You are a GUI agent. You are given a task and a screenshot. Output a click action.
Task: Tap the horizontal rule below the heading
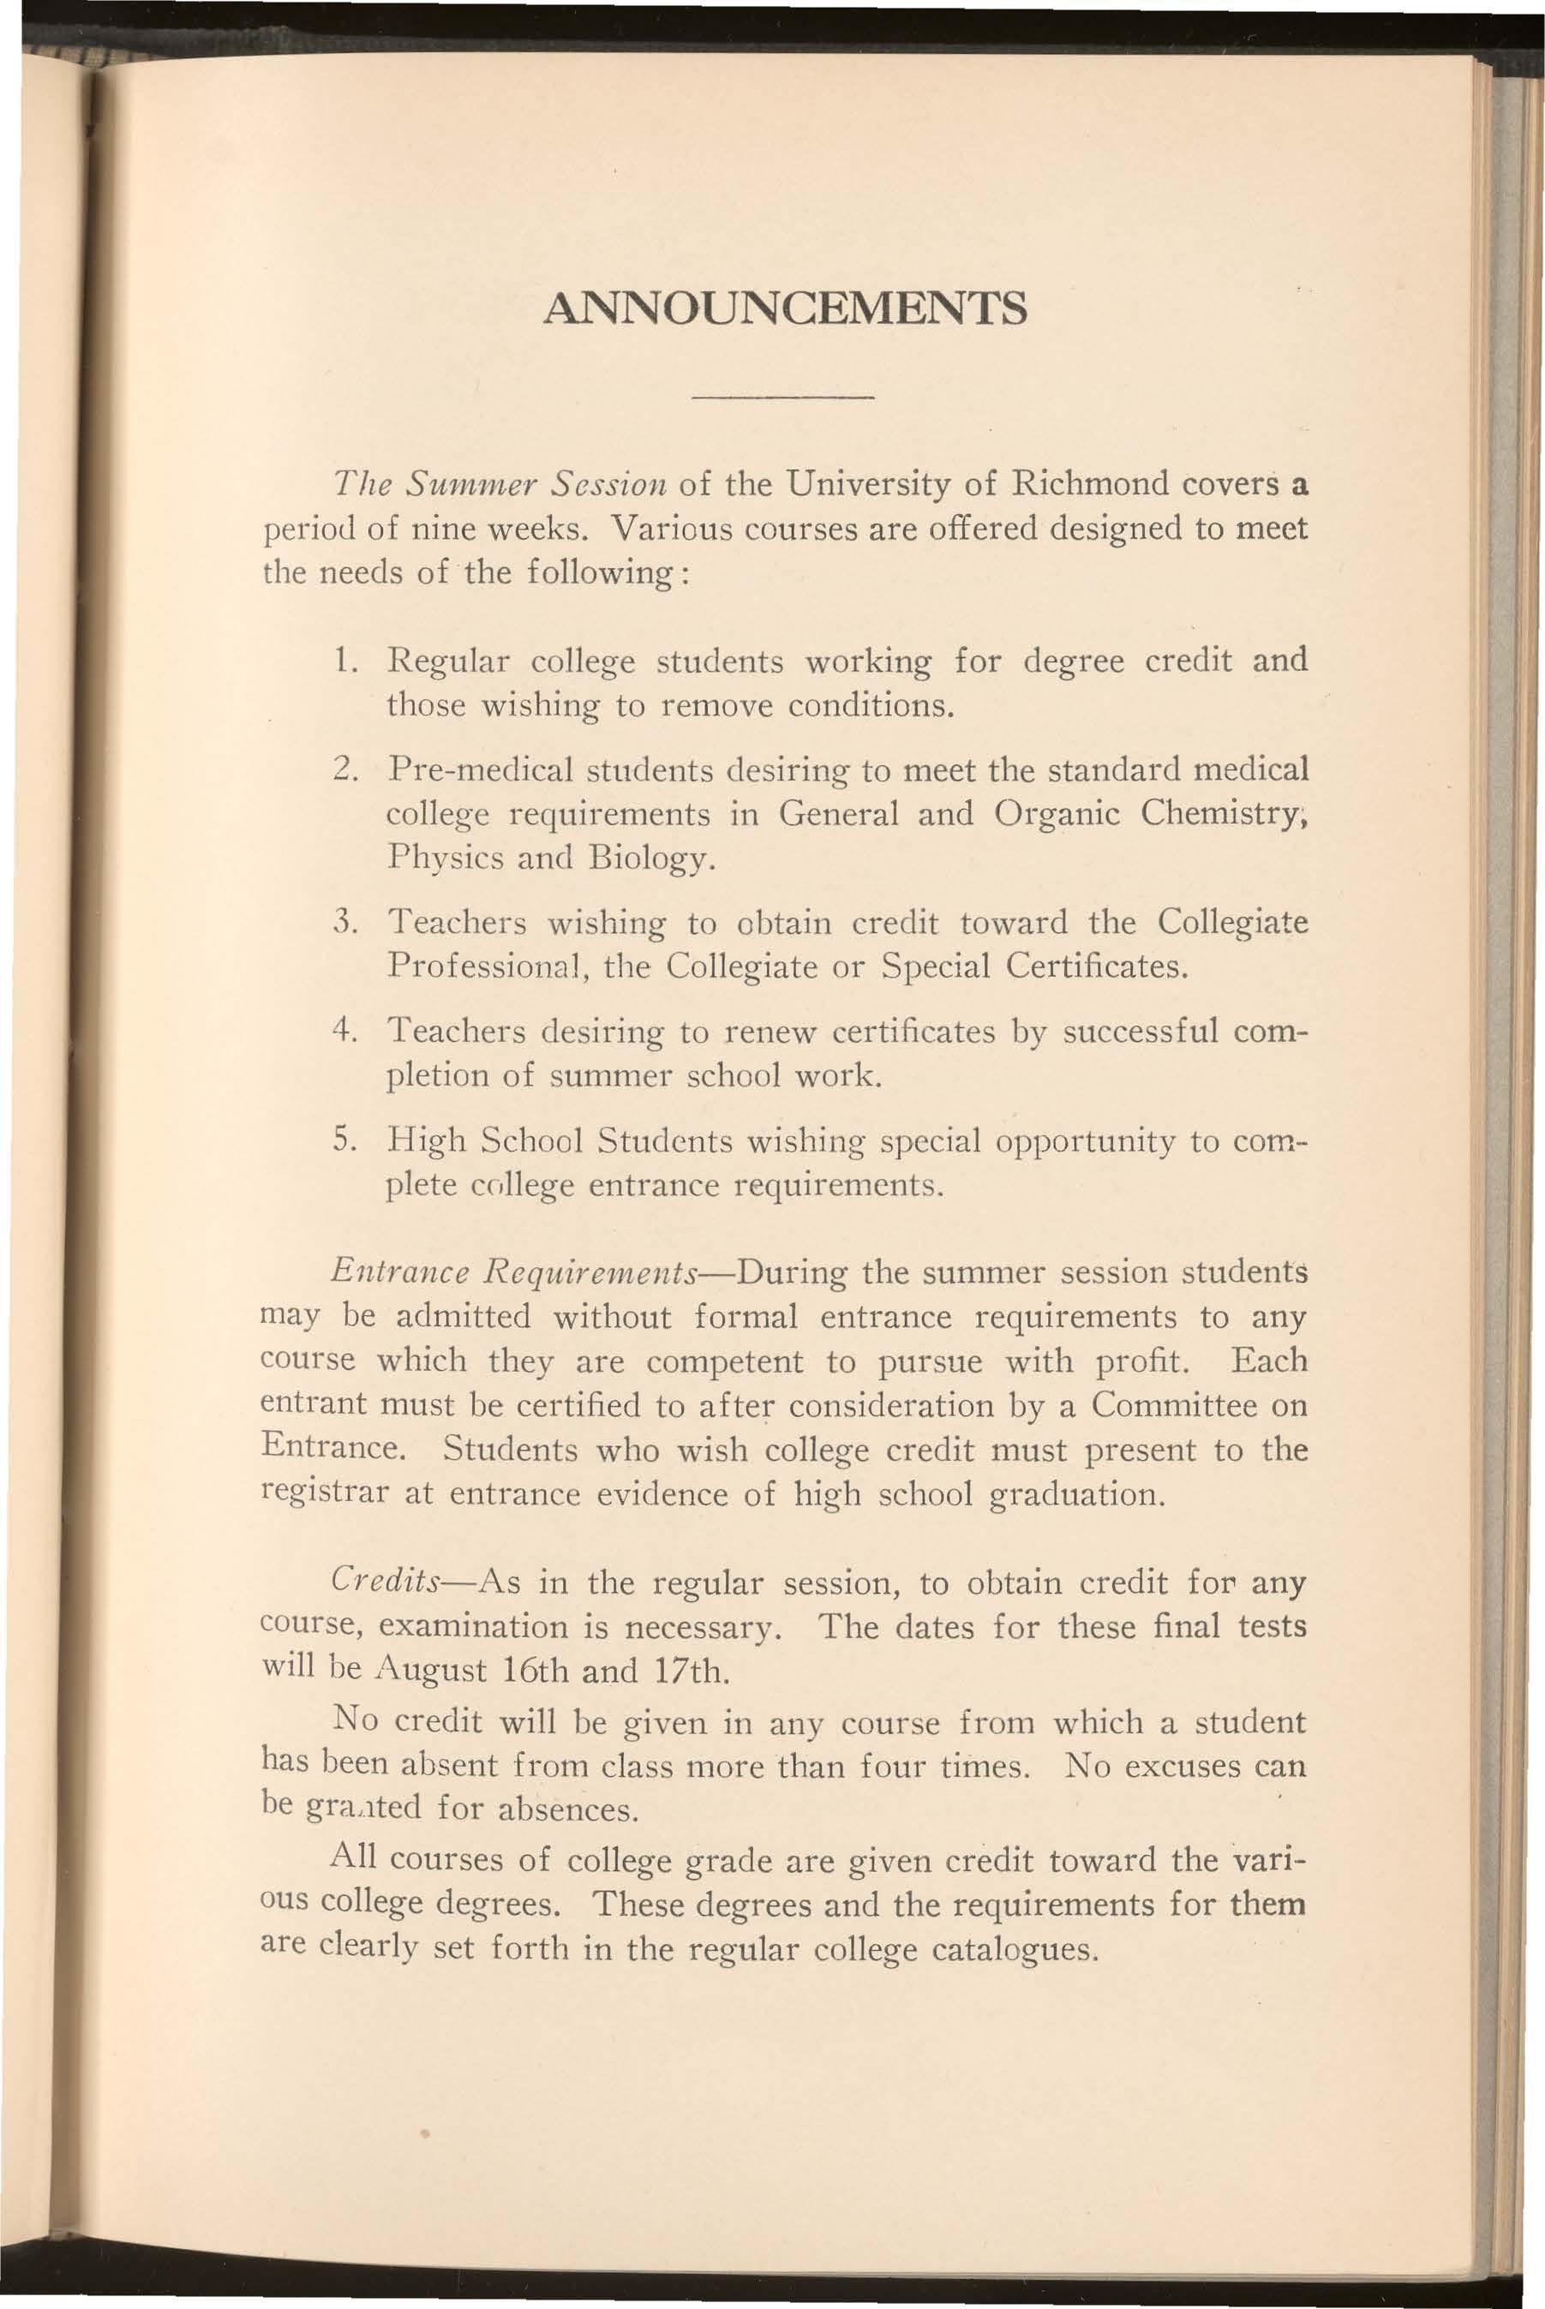tap(784, 398)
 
